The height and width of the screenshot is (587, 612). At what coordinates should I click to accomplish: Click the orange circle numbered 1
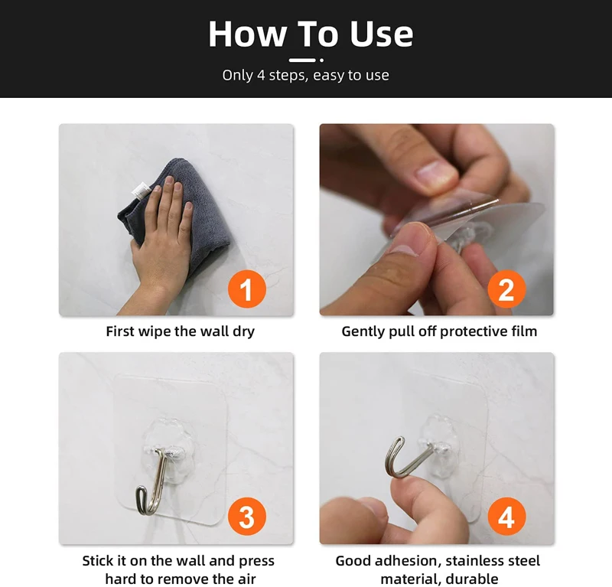click(x=246, y=289)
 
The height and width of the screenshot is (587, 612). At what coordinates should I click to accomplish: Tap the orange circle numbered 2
click(x=506, y=289)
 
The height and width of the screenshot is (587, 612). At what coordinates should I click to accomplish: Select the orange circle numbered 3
click(x=246, y=517)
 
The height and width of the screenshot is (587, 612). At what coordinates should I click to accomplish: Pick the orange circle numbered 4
click(x=506, y=517)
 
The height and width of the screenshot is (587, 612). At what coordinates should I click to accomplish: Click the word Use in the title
click(x=381, y=34)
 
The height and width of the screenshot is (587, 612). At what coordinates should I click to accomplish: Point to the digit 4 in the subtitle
click(x=261, y=74)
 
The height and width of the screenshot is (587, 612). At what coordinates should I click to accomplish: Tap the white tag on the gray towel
click(x=141, y=191)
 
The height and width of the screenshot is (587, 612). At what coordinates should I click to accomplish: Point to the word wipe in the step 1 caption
click(x=152, y=331)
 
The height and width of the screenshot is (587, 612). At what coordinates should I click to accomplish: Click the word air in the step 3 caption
click(x=246, y=579)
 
